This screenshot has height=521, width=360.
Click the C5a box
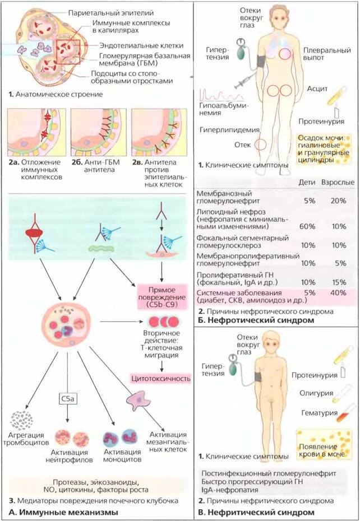[67, 398]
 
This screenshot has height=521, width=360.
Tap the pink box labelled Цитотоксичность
[161, 378]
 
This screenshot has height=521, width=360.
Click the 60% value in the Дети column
[307, 226]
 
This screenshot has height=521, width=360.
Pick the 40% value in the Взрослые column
[339, 293]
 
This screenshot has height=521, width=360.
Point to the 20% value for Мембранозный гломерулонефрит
[339, 201]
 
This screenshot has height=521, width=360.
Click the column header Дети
[307, 183]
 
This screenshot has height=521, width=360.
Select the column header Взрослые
[338, 183]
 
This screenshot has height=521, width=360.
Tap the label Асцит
[317, 89]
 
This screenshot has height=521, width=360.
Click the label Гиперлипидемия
[229, 130]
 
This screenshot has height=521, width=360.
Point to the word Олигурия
[316, 393]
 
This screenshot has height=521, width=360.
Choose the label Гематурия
[319, 413]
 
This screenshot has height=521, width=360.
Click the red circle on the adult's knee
[261, 145]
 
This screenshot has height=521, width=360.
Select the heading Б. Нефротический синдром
[256, 320]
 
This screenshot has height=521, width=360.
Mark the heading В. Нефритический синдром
[256, 512]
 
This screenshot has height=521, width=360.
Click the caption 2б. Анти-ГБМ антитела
[95, 166]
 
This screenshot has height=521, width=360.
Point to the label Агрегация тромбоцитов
[26, 439]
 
